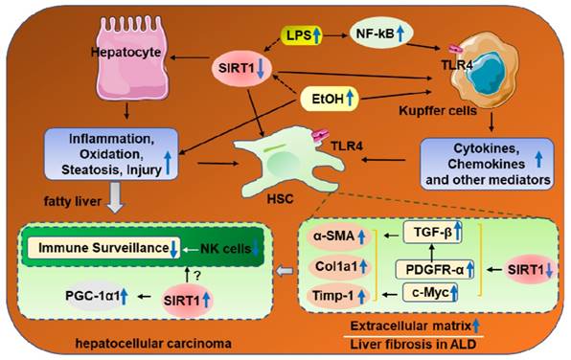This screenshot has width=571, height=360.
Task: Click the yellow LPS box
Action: click(x=302, y=35)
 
